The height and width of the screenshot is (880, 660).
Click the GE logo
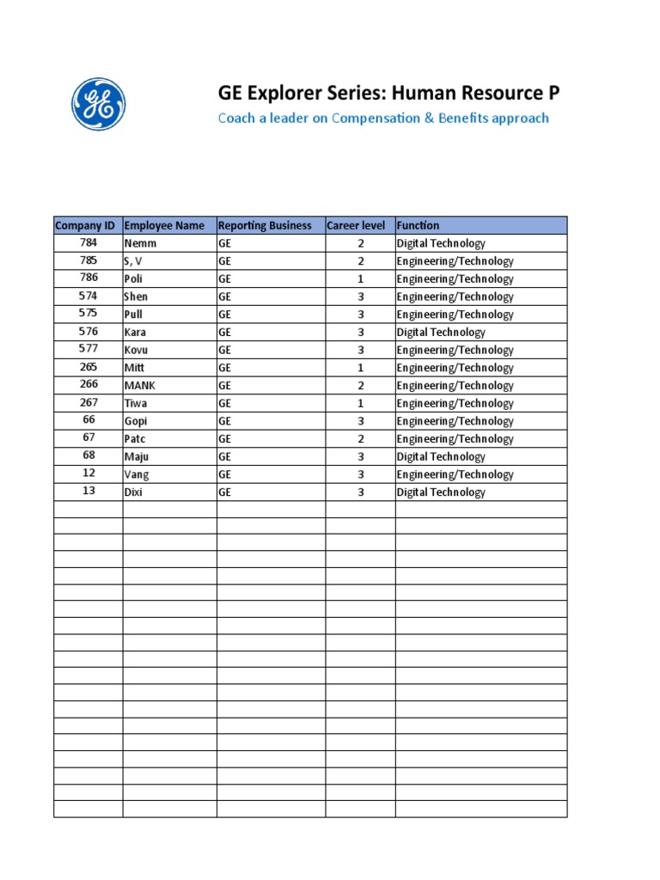99,104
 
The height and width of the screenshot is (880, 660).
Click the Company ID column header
85,226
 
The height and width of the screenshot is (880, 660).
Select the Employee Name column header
165,226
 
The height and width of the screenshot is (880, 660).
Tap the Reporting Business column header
265,226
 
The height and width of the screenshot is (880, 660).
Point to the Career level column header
356,226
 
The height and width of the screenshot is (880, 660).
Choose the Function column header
418,226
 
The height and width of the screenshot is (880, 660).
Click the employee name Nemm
141,244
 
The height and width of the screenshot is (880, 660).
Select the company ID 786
88,278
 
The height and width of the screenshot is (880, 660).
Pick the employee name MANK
140,386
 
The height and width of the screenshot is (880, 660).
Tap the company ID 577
88,350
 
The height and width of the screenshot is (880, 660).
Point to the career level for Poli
361,279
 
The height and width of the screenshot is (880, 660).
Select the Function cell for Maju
441,457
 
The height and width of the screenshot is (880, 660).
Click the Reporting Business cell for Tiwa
225,404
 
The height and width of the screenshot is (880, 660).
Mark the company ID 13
88,492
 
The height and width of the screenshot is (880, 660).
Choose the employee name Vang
137,475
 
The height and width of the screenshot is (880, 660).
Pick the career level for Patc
361,439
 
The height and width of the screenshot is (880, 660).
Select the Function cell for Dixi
441,493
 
